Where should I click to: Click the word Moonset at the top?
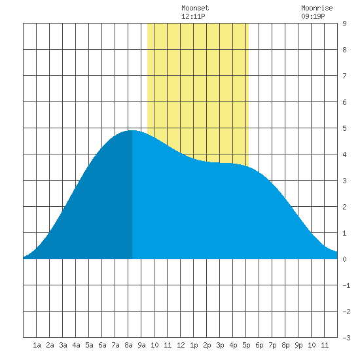coord(195,8)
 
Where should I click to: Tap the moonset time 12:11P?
coord(193,16)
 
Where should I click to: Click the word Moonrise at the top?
coord(317,8)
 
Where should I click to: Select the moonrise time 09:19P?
coord(313,16)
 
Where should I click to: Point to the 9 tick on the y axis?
coord(344,24)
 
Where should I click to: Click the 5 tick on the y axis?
coord(344,128)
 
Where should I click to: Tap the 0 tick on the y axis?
coord(344,259)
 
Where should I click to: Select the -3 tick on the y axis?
coord(346,338)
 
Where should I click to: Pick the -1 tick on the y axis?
coord(346,285)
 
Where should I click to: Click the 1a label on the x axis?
coord(37,345)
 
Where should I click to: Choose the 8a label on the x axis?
coord(128,345)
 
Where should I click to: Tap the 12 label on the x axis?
coord(181,345)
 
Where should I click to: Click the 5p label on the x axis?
coord(246,345)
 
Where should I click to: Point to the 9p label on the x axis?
coord(298,345)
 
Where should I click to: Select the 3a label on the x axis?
coord(63,345)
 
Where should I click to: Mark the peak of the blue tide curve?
coord(132,130)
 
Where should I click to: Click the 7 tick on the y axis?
coord(344,76)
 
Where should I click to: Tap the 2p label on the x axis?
coord(207,345)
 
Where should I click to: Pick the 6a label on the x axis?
coord(102,345)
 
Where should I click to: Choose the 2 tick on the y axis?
coord(344,207)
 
